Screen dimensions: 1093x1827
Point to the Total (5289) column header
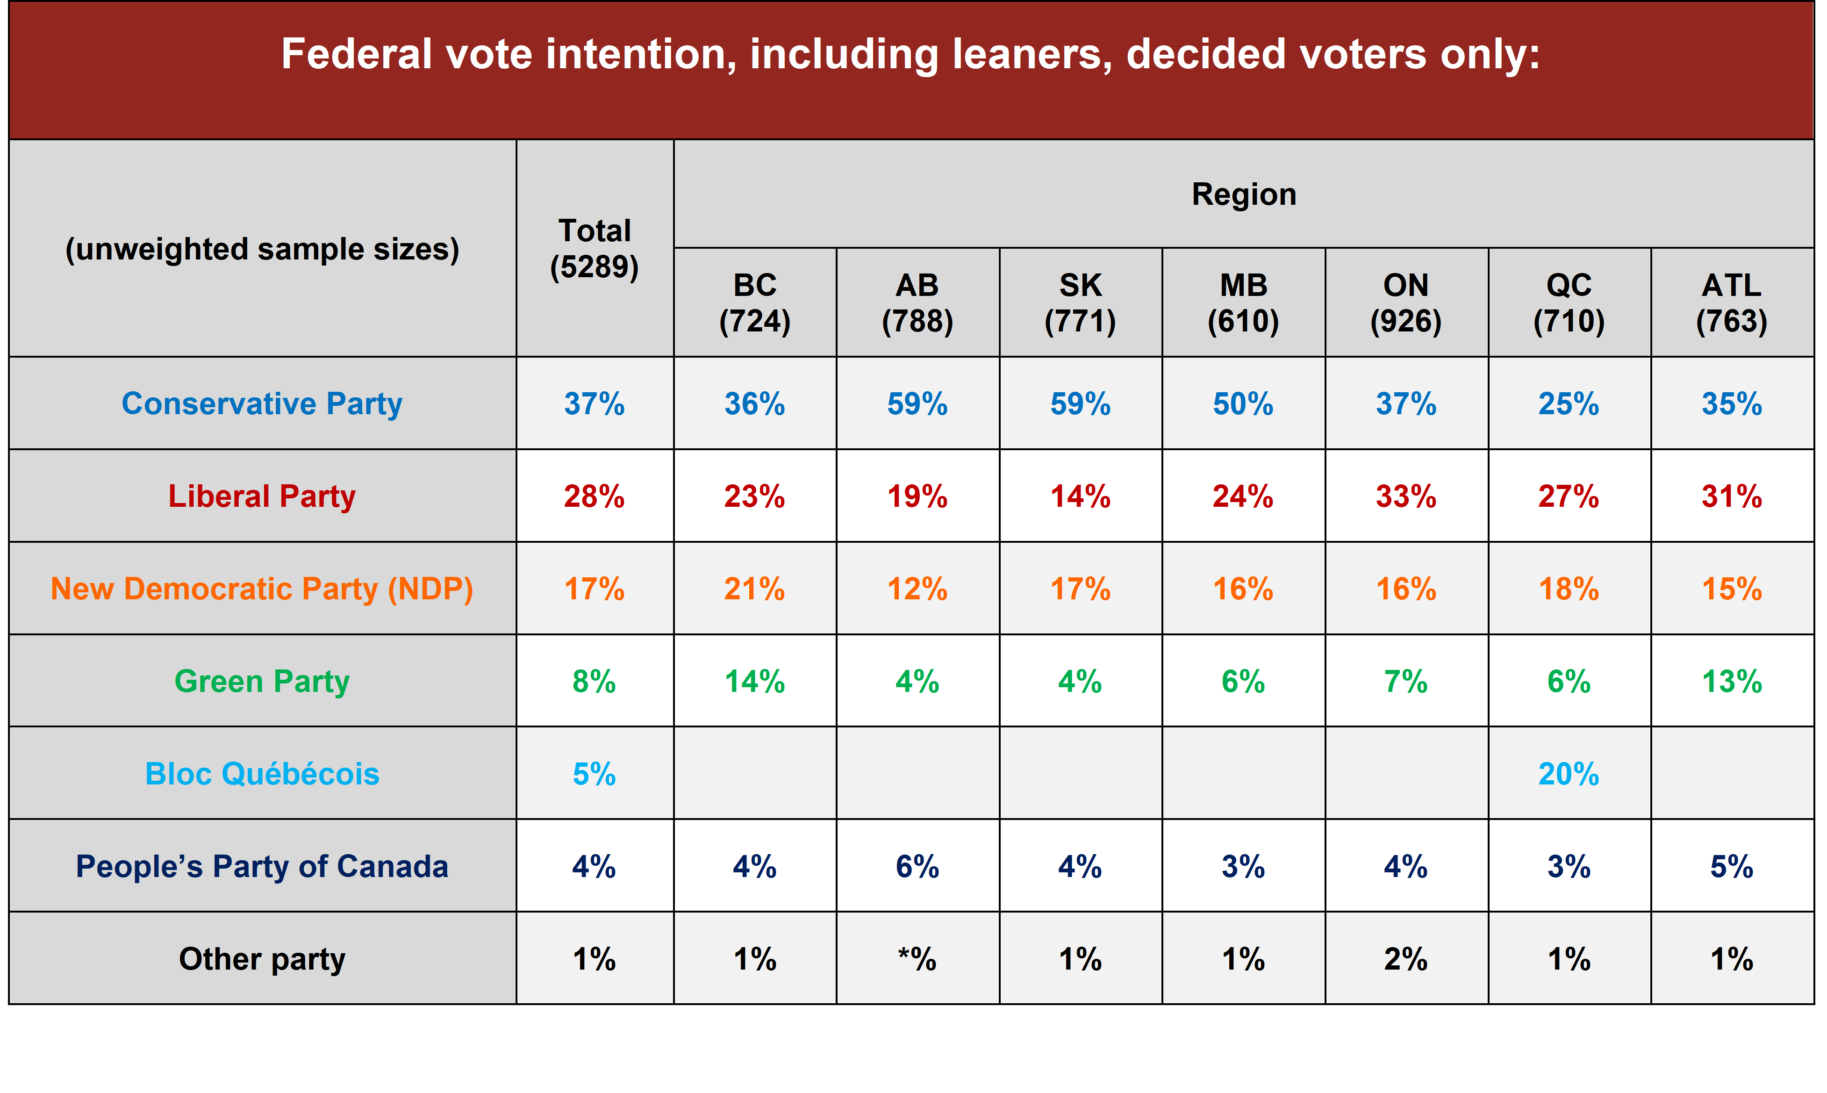(x=594, y=248)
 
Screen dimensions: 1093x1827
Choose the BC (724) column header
(x=755, y=303)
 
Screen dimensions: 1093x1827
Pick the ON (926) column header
(x=1406, y=303)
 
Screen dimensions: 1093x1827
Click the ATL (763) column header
(x=1731, y=303)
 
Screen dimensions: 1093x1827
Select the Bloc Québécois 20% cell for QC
(x=1569, y=773)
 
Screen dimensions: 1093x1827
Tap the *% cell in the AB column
(x=917, y=959)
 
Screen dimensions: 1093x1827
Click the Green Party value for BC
(x=755, y=681)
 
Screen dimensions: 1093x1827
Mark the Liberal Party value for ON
(x=1406, y=496)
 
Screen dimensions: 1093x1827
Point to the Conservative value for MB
(x=1243, y=403)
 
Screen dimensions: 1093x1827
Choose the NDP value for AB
(x=917, y=589)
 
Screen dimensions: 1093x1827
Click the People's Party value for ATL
(x=1731, y=866)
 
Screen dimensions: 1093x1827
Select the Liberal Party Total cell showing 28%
(x=594, y=496)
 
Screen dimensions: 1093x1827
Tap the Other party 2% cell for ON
(x=1406, y=959)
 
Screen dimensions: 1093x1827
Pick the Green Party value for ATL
(x=1731, y=681)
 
